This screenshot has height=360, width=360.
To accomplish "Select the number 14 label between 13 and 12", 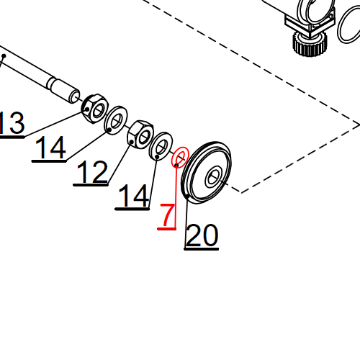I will pos(50,148).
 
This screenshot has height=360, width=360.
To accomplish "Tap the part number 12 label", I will pos(91,173).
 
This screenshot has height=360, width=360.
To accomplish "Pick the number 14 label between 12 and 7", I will pos(133,196).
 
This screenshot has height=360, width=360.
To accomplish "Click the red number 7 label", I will pos(166,215).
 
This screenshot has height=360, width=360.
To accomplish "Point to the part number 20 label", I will pos(202,235).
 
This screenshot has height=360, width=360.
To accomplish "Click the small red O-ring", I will pos(180,157).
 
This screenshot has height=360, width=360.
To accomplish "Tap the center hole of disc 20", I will pos(215,175).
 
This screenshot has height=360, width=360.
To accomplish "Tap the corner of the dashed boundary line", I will pos(240,192).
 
